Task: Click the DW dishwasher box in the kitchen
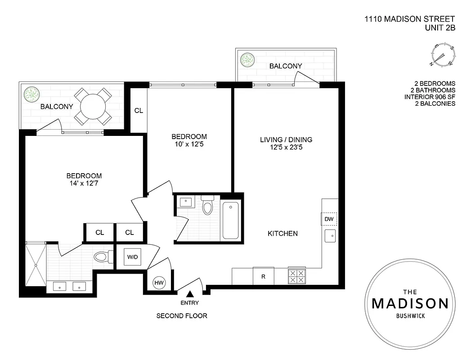pyautogui.click(x=328, y=219)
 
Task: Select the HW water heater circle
pyautogui.click(x=159, y=282)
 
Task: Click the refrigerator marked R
pyautogui.click(x=264, y=276)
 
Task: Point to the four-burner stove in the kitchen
pyautogui.click(x=296, y=276)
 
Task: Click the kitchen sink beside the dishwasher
pyautogui.click(x=330, y=235)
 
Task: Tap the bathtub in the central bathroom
pyautogui.click(x=231, y=220)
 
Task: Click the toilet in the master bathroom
pyautogui.click(x=103, y=257)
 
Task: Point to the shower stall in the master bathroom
pyautogui.click(x=36, y=264)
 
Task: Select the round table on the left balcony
pyautogui.click(x=93, y=107)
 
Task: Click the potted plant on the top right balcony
pyautogui.click(x=247, y=59)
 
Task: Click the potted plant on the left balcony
pyautogui.click(x=32, y=94)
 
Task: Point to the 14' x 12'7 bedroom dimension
pyautogui.click(x=84, y=183)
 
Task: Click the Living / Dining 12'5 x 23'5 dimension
pyautogui.click(x=286, y=147)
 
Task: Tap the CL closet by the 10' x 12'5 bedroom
pyautogui.click(x=139, y=110)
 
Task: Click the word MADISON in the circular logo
pyautogui.click(x=410, y=303)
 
